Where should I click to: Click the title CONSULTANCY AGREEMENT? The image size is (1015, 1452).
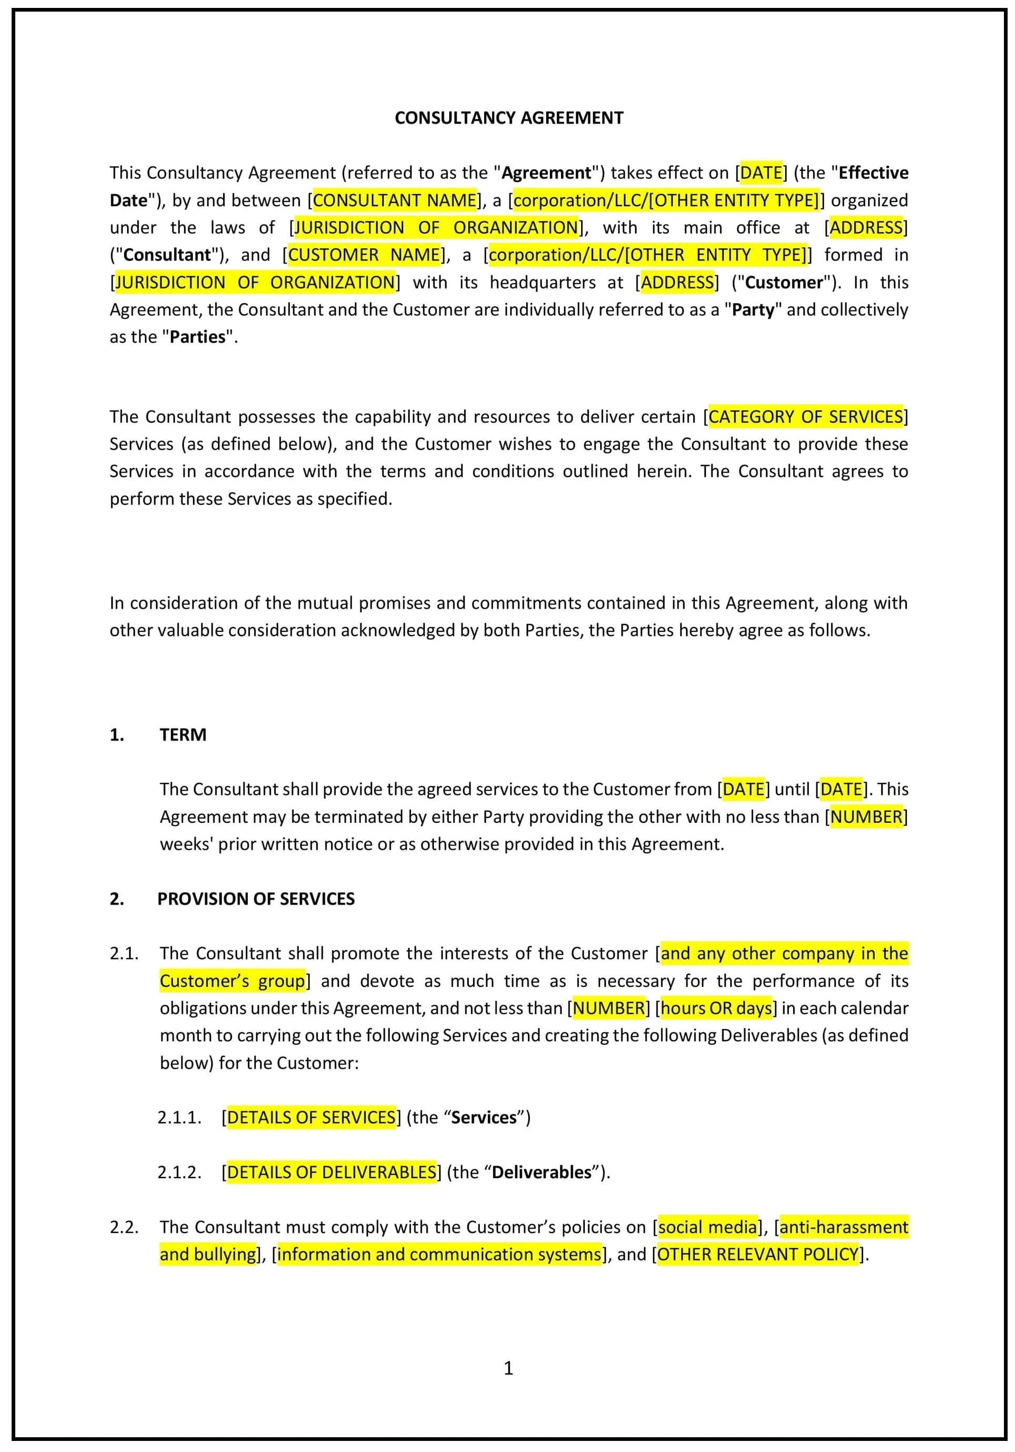[x=508, y=118]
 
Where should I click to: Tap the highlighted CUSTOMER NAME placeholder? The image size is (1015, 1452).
[x=364, y=255]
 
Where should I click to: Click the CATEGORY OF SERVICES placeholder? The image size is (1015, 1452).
[x=805, y=417]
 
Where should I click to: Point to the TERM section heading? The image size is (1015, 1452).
[x=183, y=735]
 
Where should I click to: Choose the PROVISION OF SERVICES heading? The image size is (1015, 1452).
[x=256, y=899]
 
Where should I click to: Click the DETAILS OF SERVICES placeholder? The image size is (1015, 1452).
[x=311, y=1118]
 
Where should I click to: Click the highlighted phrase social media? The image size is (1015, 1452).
[x=707, y=1227]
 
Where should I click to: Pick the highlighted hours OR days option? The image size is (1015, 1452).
[x=716, y=1008]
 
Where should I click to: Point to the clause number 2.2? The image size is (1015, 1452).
[x=124, y=1227]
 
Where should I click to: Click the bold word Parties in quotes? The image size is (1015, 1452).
[x=197, y=337]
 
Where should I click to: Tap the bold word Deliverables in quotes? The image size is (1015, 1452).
[x=542, y=1172]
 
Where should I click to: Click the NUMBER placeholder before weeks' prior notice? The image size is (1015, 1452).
[x=866, y=817]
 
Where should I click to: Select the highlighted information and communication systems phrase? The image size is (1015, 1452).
[x=439, y=1254]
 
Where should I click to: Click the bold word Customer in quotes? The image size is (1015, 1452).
[x=784, y=282]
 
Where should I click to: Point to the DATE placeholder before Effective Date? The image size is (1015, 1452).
[x=761, y=172]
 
